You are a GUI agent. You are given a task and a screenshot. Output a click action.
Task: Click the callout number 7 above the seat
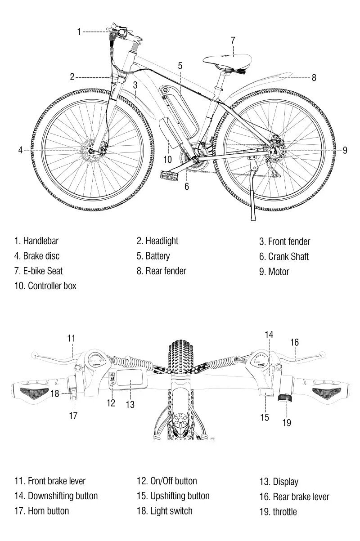pos(233,40)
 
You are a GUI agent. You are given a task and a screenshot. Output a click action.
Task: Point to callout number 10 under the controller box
pos(167,159)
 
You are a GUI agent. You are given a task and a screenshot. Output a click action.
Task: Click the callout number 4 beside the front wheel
pos(20,150)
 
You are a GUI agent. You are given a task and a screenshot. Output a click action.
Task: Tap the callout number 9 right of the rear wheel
pos(345,150)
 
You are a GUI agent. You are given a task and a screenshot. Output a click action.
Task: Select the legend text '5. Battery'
pos(153,256)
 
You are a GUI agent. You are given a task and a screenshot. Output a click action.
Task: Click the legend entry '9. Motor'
pos(274,272)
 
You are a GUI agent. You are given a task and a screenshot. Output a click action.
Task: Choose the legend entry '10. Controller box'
pos(45,286)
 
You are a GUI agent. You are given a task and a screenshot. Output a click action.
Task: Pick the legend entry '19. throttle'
pos(278,512)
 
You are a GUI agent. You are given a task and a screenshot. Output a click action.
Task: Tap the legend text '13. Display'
pos(279,482)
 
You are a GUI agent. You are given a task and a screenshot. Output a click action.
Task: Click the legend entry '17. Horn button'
pos(42,511)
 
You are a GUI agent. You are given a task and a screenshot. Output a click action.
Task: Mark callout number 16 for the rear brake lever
pos(294,342)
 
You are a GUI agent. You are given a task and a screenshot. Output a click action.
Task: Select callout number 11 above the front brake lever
pos(71,338)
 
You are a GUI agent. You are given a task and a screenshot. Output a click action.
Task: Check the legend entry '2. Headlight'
pos(157,241)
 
